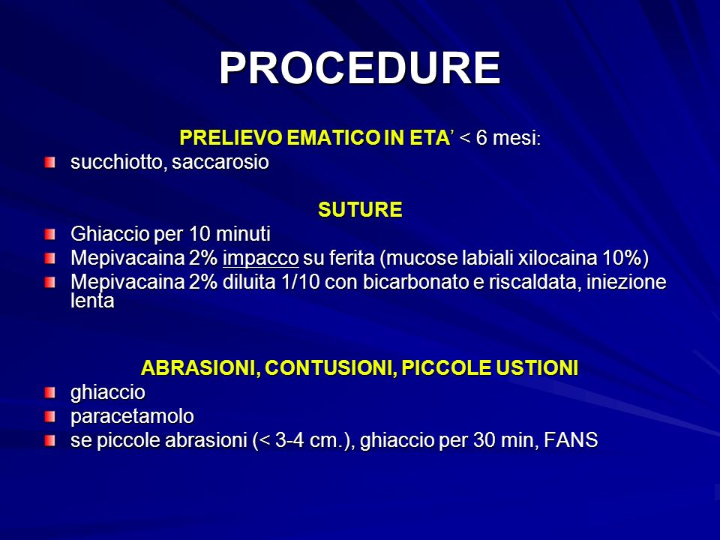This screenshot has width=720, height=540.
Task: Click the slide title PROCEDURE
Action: coord(360,68)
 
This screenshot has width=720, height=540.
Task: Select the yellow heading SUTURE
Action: coord(360,210)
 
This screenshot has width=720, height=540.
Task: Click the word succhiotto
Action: coord(118,162)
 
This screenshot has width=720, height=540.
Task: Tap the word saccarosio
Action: coord(220,162)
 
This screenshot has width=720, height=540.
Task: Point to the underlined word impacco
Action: coord(261,259)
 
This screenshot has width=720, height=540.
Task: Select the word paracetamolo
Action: coord(132,416)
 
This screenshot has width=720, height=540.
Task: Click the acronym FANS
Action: coord(571,440)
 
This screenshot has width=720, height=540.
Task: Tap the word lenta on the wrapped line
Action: coord(92,301)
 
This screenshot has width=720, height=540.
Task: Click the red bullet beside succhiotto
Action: coord(50,163)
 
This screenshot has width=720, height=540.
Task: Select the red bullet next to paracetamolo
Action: coord(50,417)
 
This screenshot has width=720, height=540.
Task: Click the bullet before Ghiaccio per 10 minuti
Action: coord(50,235)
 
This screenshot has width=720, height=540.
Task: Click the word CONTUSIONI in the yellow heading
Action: coord(328,367)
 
